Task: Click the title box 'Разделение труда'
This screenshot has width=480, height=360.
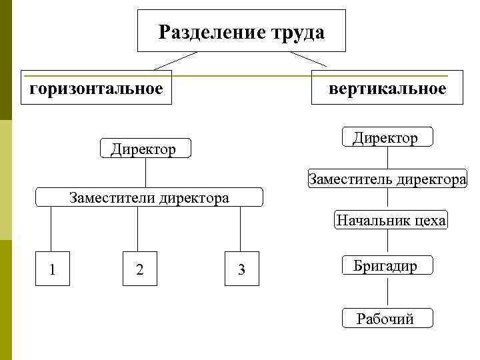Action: click(241, 31)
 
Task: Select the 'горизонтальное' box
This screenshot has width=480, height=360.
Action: click(96, 88)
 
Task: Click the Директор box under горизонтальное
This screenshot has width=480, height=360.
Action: click(145, 148)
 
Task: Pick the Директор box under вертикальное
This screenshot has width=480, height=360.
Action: click(386, 137)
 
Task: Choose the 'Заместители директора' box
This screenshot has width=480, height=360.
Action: click(149, 198)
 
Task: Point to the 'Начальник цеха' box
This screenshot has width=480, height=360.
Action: click(390, 220)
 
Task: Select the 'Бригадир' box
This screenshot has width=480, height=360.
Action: click(387, 266)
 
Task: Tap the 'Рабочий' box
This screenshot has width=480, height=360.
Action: click(387, 318)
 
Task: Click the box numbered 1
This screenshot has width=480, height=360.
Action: click(52, 269)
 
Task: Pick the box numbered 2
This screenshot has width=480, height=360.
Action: click(139, 269)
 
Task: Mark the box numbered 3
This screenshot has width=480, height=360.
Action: click(242, 269)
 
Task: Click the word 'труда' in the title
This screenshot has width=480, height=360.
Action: click(299, 32)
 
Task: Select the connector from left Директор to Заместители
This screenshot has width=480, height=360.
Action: click(145, 173)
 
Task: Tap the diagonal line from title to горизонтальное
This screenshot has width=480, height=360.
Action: click(175, 61)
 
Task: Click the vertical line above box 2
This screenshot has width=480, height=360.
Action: click(138, 230)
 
